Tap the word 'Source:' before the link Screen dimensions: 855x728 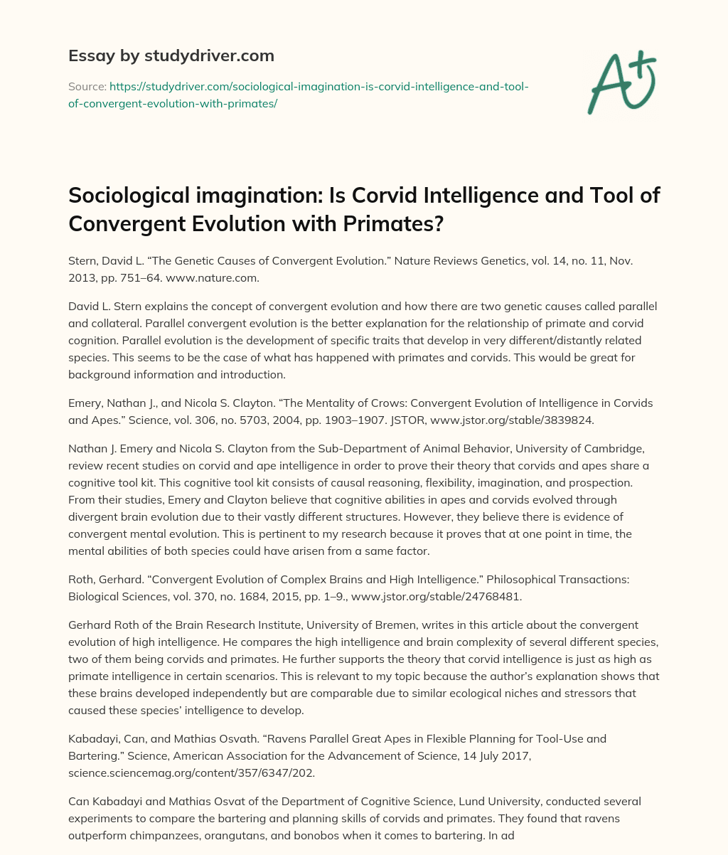coord(87,86)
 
